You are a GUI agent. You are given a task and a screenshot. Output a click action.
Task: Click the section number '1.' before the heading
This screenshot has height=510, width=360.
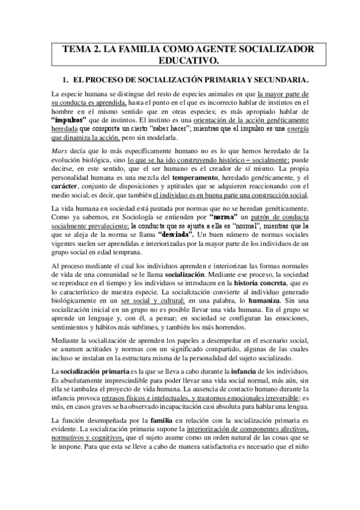point(67,80)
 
